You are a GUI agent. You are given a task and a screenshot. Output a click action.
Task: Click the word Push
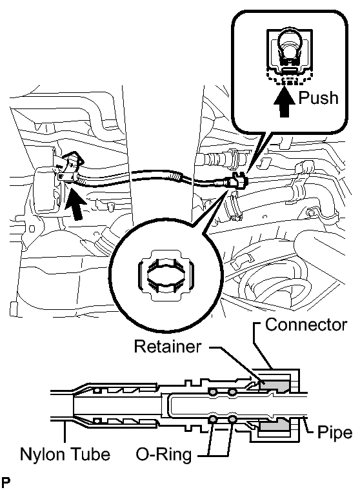[x=318, y=98]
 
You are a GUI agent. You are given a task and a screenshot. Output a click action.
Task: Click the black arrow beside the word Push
[x=284, y=102]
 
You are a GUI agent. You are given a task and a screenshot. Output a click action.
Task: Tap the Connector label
[x=306, y=325]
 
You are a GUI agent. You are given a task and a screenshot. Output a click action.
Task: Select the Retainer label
[x=168, y=347]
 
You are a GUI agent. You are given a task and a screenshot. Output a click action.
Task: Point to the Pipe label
[x=335, y=433]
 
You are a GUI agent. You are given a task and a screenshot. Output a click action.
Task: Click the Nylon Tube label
[x=65, y=454]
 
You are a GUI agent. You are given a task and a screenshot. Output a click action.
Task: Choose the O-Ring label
[x=164, y=454]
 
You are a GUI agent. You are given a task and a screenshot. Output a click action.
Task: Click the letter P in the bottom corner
[x=5, y=483]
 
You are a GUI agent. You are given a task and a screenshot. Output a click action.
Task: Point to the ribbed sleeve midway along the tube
[x=174, y=176]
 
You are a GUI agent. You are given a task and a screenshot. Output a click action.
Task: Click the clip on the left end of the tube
[x=70, y=170]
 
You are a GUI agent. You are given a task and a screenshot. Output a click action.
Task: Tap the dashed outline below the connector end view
[x=289, y=78]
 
